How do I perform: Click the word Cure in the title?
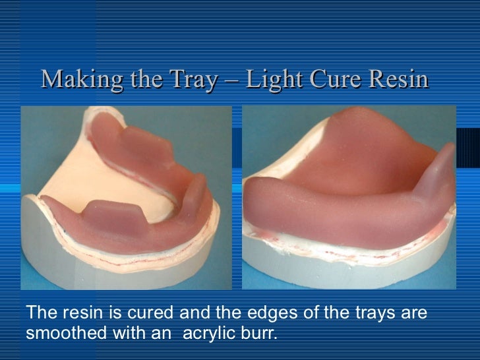click(x=330, y=80)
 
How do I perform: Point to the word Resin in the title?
click(x=397, y=80)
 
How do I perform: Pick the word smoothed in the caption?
click(x=67, y=332)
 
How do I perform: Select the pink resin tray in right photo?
click(x=343, y=191)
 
